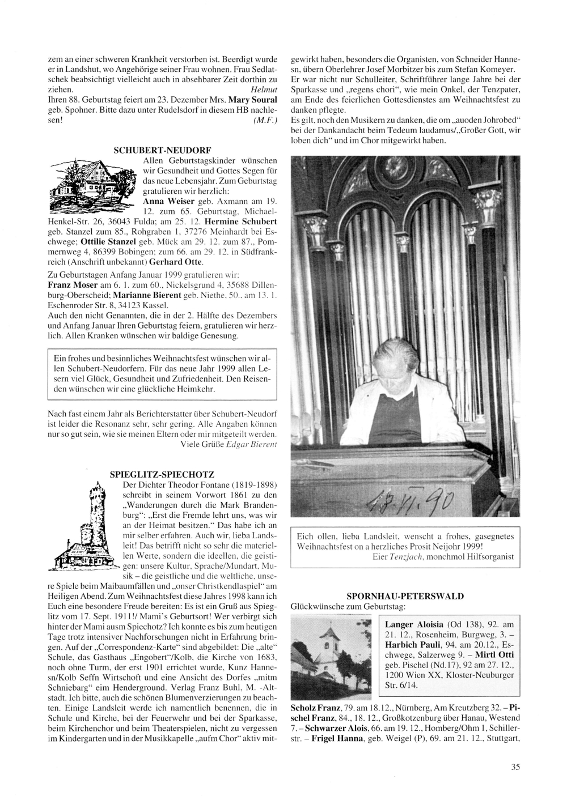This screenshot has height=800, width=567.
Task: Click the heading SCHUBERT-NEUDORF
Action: click(x=162, y=150)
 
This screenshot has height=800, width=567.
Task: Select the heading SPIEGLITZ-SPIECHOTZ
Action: click(x=162, y=473)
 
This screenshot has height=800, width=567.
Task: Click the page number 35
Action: click(x=515, y=768)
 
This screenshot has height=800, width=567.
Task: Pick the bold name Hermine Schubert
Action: click(x=241, y=221)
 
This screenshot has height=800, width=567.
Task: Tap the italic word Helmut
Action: click(x=263, y=90)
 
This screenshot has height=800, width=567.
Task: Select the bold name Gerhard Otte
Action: click(x=177, y=262)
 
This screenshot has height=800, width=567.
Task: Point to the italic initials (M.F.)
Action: click(x=265, y=121)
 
